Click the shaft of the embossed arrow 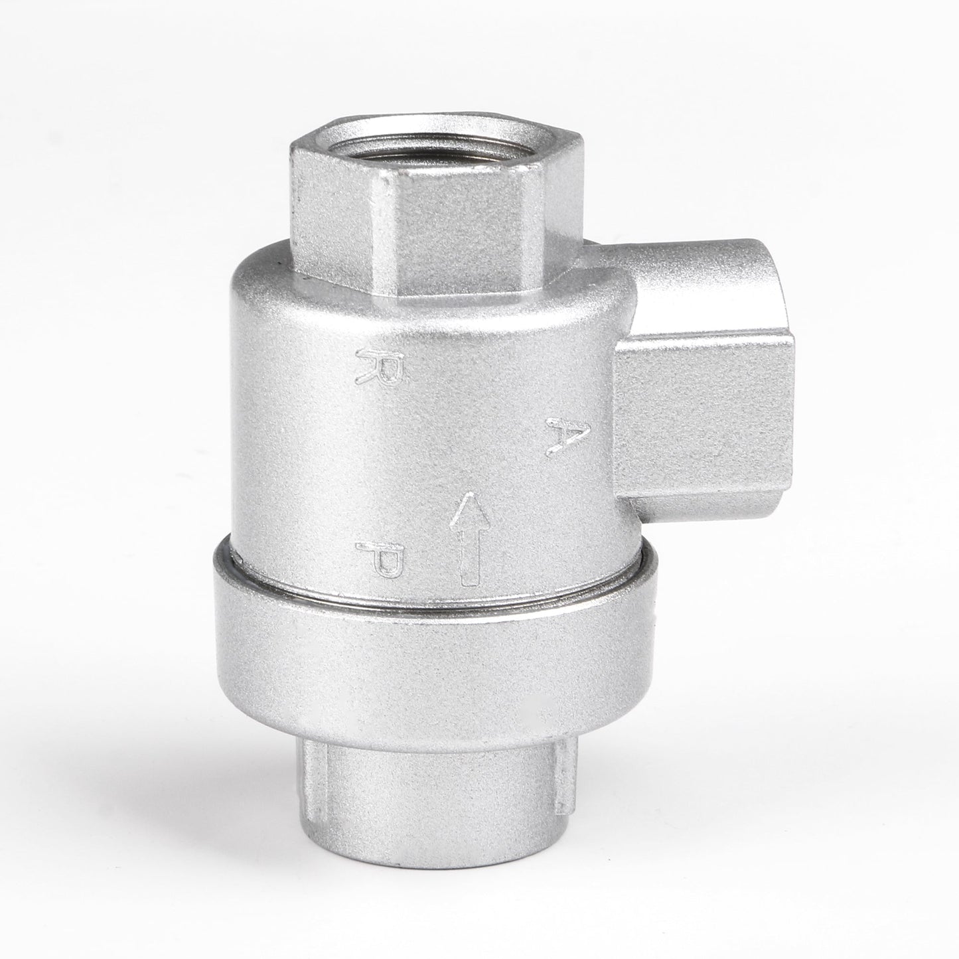point(469,552)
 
